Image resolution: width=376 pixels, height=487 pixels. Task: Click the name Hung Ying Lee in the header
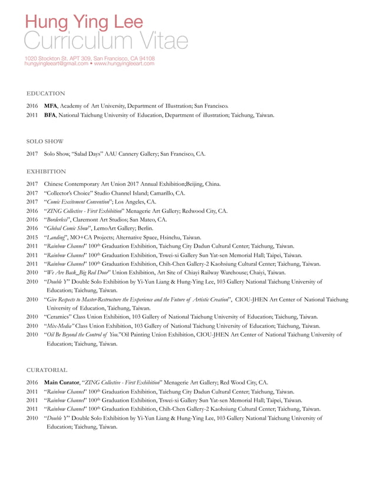click(83, 22)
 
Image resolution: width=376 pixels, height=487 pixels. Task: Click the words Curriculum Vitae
click(106, 41)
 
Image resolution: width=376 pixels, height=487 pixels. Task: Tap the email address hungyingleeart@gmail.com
click(56, 64)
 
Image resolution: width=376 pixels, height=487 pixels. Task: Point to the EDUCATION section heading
click(46, 94)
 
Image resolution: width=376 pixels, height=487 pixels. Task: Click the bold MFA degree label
click(51, 106)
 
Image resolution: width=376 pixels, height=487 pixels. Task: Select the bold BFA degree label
click(50, 115)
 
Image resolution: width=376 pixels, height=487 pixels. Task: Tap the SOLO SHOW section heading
click(45, 142)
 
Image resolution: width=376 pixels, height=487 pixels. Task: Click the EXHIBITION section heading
click(46, 172)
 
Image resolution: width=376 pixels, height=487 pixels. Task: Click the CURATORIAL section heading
click(47, 370)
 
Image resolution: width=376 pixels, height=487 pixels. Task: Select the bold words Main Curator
click(62, 383)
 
